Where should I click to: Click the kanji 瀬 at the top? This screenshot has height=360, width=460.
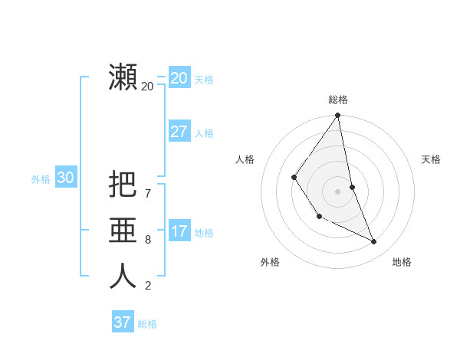(123, 78)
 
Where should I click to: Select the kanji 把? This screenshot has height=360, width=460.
(123, 185)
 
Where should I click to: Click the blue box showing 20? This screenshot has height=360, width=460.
(179, 78)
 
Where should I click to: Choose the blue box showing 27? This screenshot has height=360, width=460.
(179, 132)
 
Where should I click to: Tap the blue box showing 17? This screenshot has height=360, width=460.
(179, 231)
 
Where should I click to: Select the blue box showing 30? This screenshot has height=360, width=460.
(65, 178)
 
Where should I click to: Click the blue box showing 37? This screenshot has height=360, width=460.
(122, 322)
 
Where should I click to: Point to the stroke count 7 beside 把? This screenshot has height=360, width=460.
(147, 193)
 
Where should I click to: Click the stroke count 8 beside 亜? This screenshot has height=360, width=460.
(147, 239)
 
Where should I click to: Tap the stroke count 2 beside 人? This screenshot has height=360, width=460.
(147, 286)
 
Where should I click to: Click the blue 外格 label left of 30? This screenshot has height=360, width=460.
(41, 179)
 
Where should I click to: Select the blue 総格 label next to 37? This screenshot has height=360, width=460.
(147, 324)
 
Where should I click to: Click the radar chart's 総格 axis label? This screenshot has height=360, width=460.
(338, 100)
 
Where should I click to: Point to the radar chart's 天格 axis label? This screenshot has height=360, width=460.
(431, 159)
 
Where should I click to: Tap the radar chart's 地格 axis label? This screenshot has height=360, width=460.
(402, 262)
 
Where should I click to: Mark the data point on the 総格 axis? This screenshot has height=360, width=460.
(337, 116)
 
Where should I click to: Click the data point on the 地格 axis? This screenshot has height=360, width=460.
(374, 241)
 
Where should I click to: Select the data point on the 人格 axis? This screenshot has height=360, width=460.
(294, 178)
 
